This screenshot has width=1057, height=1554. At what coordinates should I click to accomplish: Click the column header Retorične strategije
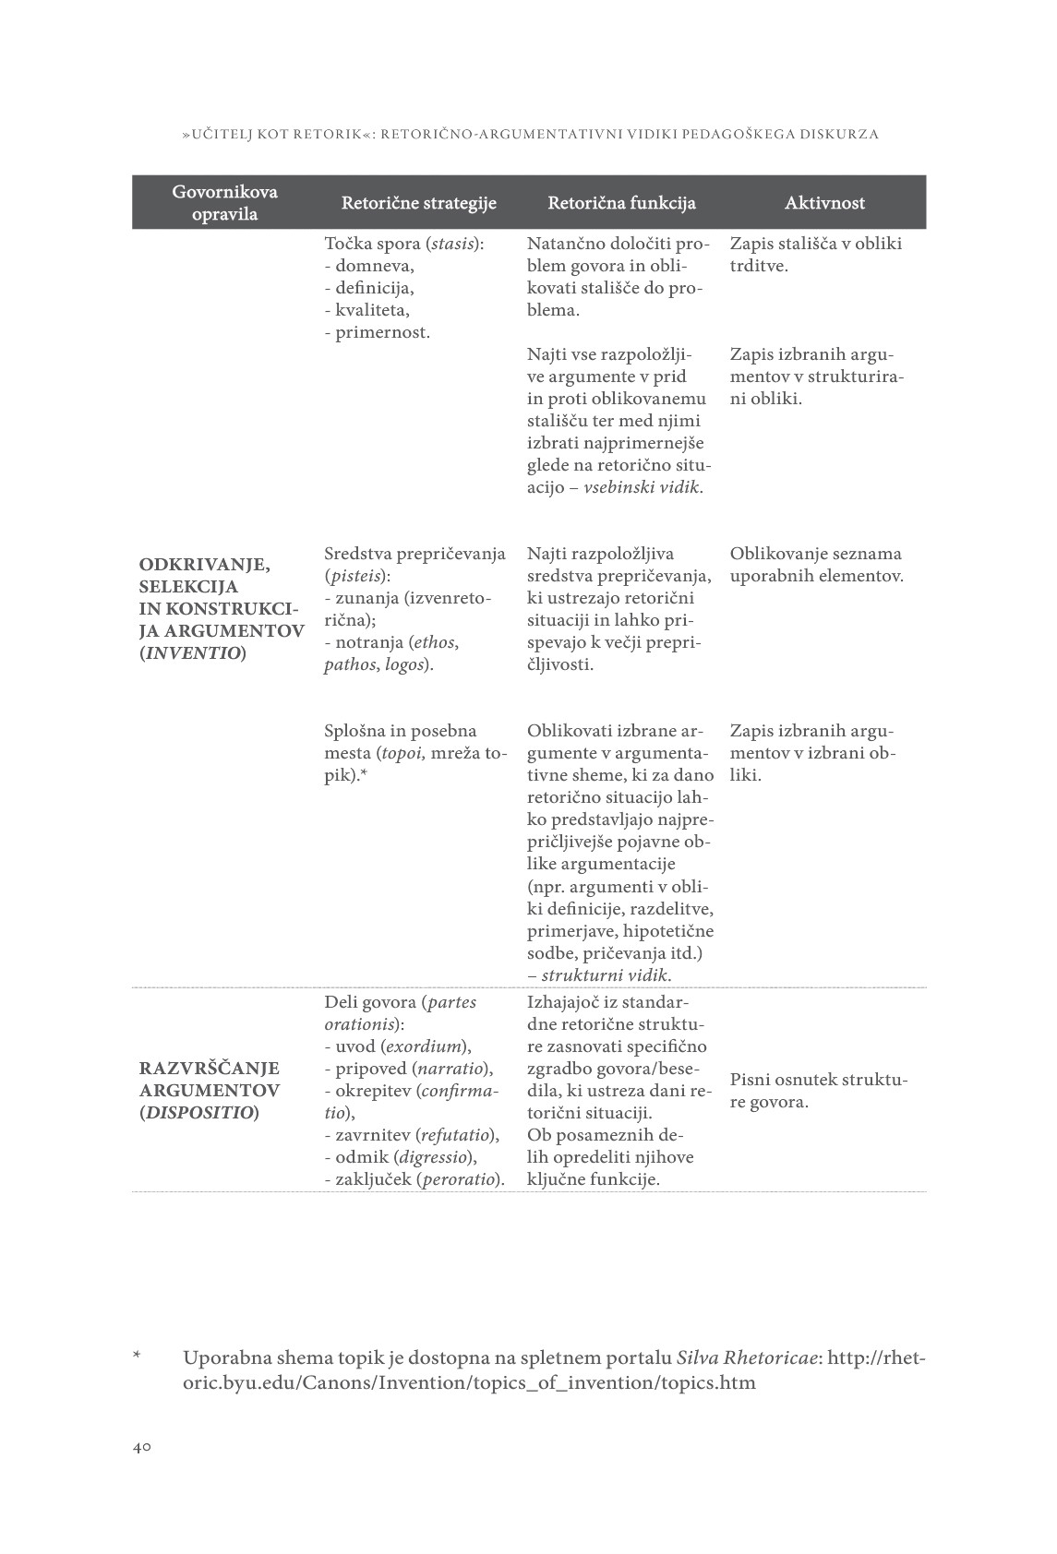point(418,203)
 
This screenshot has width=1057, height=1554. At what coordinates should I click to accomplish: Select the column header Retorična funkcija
point(621,203)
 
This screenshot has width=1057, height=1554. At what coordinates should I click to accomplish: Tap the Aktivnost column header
point(824,203)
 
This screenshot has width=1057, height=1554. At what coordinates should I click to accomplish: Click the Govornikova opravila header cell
point(224,203)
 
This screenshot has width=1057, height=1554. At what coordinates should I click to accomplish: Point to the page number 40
point(141,1447)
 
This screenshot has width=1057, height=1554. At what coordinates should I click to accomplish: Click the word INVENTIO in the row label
point(192,653)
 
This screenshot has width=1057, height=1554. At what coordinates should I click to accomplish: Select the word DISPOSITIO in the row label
point(198,1113)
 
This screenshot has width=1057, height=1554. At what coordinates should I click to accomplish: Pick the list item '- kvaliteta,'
point(367,310)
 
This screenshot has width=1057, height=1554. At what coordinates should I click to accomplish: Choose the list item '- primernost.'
point(377,332)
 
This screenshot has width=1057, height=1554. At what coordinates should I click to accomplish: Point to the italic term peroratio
point(460,1179)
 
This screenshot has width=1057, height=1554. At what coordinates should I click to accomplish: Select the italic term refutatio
point(455,1135)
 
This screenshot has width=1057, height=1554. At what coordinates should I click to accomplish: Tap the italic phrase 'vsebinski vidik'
point(642,487)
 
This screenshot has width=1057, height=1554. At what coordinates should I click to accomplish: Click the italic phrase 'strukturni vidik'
point(606,975)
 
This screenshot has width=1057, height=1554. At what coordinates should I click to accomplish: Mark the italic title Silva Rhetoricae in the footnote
point(748,1358)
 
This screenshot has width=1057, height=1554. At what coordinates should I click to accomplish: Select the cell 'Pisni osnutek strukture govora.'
point(819,1091)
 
